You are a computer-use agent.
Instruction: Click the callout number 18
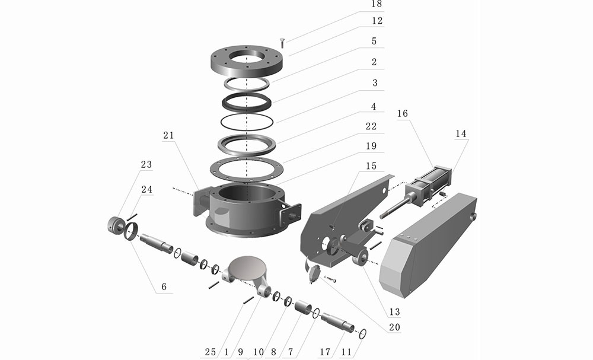[x=377, y=4]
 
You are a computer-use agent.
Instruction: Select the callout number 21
[x=168, y=135]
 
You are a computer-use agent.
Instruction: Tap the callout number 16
[x=403, y=113]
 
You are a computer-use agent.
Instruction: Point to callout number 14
[x=461, y=133]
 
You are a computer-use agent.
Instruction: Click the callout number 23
[x=146, y=164]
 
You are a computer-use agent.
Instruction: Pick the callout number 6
[x=164, y=286]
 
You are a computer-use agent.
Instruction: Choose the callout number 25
[x=211, y=352]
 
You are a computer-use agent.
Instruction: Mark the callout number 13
[x=394, y=311]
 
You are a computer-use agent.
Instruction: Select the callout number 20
[x=394, y=327]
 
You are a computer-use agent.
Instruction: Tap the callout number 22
[x=371, y=126]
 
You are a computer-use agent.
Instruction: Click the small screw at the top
[x=282, y=42]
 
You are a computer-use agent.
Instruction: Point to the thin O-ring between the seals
[x=247, y=122]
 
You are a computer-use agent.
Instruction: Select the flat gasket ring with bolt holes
[x=247, y=168]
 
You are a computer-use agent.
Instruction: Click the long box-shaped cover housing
[x=428, y=245]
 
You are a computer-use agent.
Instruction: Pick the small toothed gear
[x=314, y=275]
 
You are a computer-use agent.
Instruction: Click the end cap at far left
[x=114, y=225]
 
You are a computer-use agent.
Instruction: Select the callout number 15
[x=371, y=166]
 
